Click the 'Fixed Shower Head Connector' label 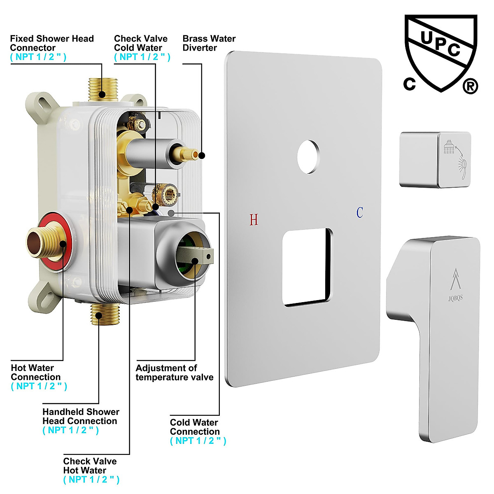(x=52, y=43)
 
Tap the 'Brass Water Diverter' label (x=209, y=43)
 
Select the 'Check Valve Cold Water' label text (x=141, y=43)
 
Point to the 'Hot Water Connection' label (x=36, y=372)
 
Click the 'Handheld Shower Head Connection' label (x=81, y=416)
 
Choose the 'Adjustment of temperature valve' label (x=175, y=373)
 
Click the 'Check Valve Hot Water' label (x=90, y=466)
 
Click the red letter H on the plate (x=254, y=220)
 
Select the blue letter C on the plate (x=360, y=213)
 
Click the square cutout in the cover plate (x=307, y=268)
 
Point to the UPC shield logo (x=440, y=51)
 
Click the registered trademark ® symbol (x=470, y=86)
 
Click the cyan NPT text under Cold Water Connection (x=198, y=441)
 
